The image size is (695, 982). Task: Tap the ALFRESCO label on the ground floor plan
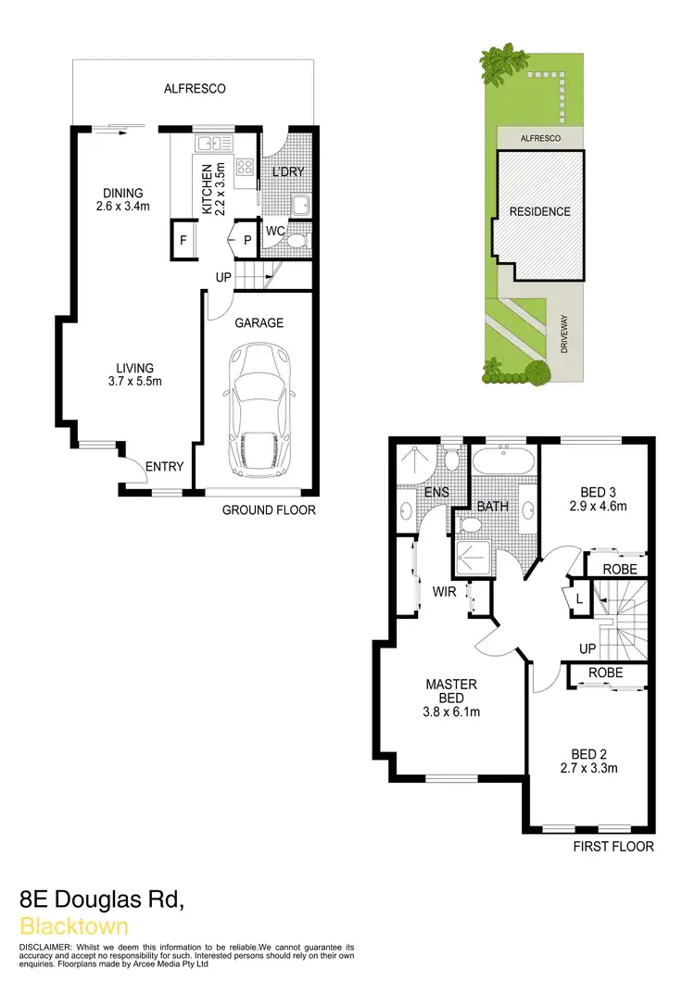pos(195,89)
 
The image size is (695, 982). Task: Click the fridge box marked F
pos(183,241)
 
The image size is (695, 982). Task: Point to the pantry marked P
pos(247,240)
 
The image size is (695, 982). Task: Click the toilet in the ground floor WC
pos(296,241)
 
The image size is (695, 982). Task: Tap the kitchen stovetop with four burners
pos(246,168)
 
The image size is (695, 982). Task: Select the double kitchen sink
pos(214,143)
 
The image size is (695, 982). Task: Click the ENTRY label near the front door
pos(165,467)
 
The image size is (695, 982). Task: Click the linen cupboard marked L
pos(579,599)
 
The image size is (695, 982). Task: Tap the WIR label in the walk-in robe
pos(445,589)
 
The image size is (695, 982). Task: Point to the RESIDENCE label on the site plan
pos(540,211)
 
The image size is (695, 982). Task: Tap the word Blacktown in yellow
pos(73,925)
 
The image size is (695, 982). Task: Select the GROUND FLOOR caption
pos(269,510)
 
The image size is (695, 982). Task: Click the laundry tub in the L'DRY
pos(301,205)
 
